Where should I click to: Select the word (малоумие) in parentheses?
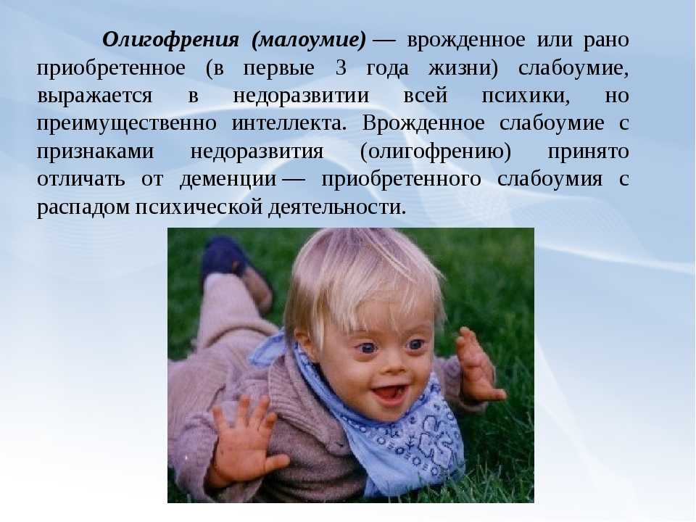[x=309, y=41]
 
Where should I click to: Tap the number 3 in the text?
[x=341, y=68]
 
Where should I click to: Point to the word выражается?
[x=94, y=96]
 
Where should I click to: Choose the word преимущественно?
[x=126, y=123]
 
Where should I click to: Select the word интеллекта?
[x=289, y=123]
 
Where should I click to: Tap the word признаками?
[x=95, y=151]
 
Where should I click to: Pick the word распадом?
[x=83, y=207]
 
